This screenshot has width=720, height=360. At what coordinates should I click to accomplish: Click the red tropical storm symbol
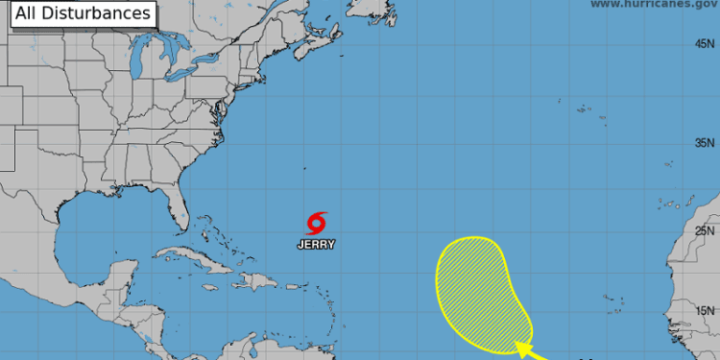(x=317, y=224)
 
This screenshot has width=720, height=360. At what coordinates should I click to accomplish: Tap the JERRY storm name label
(x=317, y=245)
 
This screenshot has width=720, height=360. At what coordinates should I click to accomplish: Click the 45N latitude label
(x=706, y=44)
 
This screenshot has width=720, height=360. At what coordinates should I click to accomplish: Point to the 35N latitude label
(x=706, y=144)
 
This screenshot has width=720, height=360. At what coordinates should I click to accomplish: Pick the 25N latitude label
(x=706, y=230)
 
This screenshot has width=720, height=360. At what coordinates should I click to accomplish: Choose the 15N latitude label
(x=706, y=310)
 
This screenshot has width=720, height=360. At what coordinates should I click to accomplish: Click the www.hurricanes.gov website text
(x=654, y=5)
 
